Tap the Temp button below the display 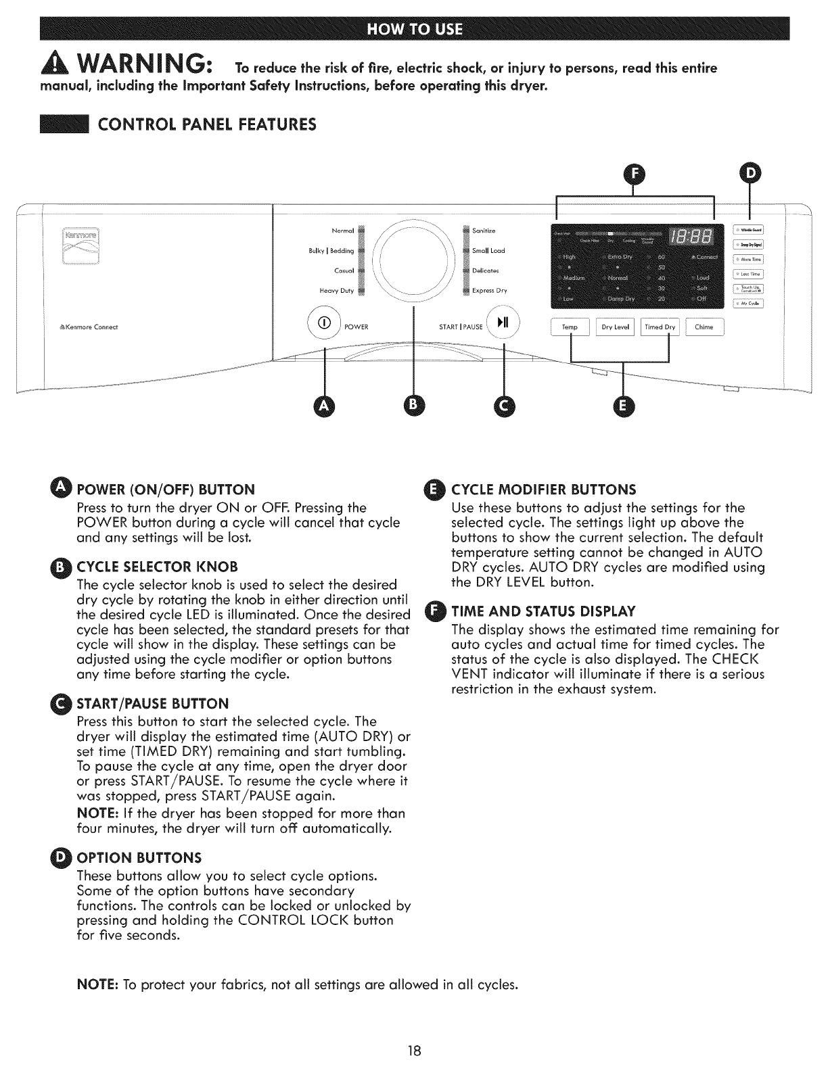click(x=570, y=327)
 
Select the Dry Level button click(x=616, y=327)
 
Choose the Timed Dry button click(x=660, y=327)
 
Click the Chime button click(x=704, y=327)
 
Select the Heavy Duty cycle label click(x=337, y=291)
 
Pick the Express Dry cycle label click(x=490, y=291)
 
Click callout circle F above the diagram click(x=634, y=174)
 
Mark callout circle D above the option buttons click(x=750, y=174)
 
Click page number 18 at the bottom click(x=414, y=1051)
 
